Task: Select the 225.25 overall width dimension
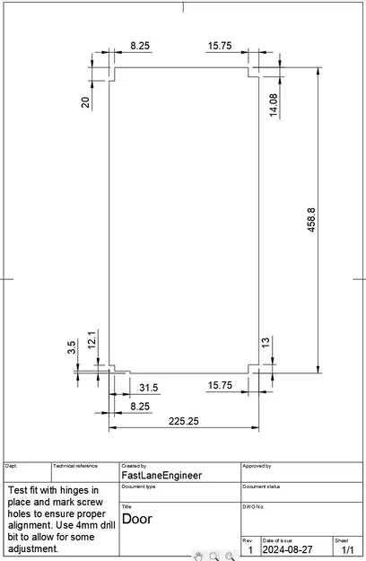[x=184, y=420]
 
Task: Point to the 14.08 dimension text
[x=274, y=104]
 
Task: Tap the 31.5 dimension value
[x=149, y=388]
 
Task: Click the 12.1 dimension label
[x=91, y=340]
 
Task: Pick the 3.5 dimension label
[x=72, y=347]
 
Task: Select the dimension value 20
[x=85, y=102]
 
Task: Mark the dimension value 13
[x=266, y=344]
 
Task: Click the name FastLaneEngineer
[x=161, y=476]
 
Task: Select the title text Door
[x=136, y=519]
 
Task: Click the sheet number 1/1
[x=347, y=549]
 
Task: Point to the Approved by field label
[x=257, y=466]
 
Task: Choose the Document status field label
[x=262, y=486]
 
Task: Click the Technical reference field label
[x=75, y=466]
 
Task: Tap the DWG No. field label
[x=253, y=507]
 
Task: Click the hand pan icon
[x=198, y=556]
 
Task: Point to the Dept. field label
[x=12, y=466]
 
